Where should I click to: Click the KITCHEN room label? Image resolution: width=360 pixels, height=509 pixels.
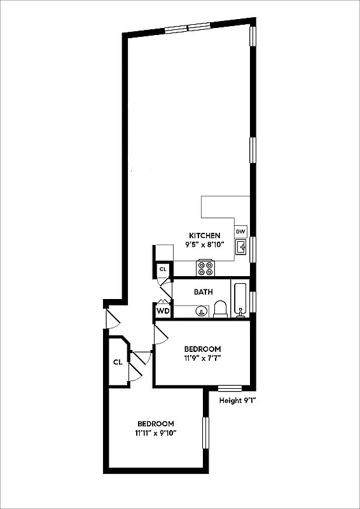(204, 235)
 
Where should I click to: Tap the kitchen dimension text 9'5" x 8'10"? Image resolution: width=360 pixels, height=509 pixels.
(204, 244)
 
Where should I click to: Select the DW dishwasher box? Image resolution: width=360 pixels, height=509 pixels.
(241, 231)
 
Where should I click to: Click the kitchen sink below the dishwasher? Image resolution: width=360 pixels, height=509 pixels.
(242, 247)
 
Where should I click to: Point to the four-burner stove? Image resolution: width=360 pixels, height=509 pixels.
(205, 268)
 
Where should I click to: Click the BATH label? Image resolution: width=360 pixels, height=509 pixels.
(203, 292)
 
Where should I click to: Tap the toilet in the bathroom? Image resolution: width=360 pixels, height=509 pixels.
(221, 309)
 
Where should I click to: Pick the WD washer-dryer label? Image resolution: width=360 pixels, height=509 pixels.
(163, 311)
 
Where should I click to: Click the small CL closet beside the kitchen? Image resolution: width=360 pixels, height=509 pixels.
(163, 270)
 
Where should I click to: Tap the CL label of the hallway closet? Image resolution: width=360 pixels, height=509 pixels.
(118, 362)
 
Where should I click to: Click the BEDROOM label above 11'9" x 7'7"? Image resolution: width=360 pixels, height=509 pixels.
(202, 349)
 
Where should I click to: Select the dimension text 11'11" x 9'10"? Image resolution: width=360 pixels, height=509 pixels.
(156, 433)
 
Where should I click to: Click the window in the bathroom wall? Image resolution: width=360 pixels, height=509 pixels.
(253, 301)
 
